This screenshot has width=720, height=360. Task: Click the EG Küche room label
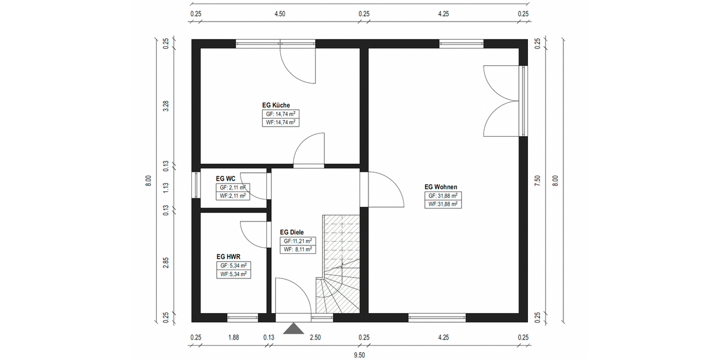click(276, 105)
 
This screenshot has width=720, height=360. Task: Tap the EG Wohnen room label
click(440, 187)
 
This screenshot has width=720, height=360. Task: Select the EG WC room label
click(226, 179)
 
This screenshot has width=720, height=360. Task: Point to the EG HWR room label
click(228, 257)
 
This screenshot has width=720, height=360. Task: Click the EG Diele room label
click(292, 232)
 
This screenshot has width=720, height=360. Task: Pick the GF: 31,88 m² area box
click(443, 196)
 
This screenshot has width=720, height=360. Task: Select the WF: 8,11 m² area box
click(298, 250)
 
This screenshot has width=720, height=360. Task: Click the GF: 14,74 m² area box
click(281, 114)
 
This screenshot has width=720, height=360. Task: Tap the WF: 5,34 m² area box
click(233, 274)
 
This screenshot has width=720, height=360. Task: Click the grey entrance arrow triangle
click(293, 329)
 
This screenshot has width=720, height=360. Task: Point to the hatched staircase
click(338, 264)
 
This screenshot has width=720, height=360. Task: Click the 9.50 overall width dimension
click(359, 355)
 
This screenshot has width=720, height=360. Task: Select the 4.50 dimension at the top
click(280, 14)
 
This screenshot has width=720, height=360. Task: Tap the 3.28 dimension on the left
click(166, 106)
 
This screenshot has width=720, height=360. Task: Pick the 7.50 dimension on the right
click(537, 181)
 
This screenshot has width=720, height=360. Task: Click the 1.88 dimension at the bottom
click(233, 337)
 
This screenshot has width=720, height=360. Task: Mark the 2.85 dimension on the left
click(166, 263)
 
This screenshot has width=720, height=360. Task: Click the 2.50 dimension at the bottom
click(316, 337)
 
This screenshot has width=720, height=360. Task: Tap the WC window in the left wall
click(196, 185)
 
